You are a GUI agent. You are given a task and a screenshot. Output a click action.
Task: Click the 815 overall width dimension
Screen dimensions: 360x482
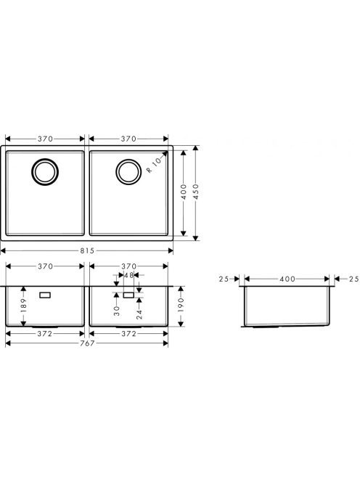click(87, 251)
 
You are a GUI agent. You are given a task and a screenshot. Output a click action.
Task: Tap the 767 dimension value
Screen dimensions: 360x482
click(87, 343)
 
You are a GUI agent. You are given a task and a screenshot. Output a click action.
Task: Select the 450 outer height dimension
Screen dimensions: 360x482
click(196, 192)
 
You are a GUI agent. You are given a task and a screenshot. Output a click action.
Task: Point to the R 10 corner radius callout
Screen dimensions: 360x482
click(154, 165)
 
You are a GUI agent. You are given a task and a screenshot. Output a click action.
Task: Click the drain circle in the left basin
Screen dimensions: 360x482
click(45, 172)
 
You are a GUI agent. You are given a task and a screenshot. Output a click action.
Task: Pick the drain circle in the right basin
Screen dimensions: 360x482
click(128, 172)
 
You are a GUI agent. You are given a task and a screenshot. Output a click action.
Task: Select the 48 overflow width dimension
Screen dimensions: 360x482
click(128, 275)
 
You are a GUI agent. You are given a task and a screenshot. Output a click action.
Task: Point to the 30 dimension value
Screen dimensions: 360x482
click(117, 311)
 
